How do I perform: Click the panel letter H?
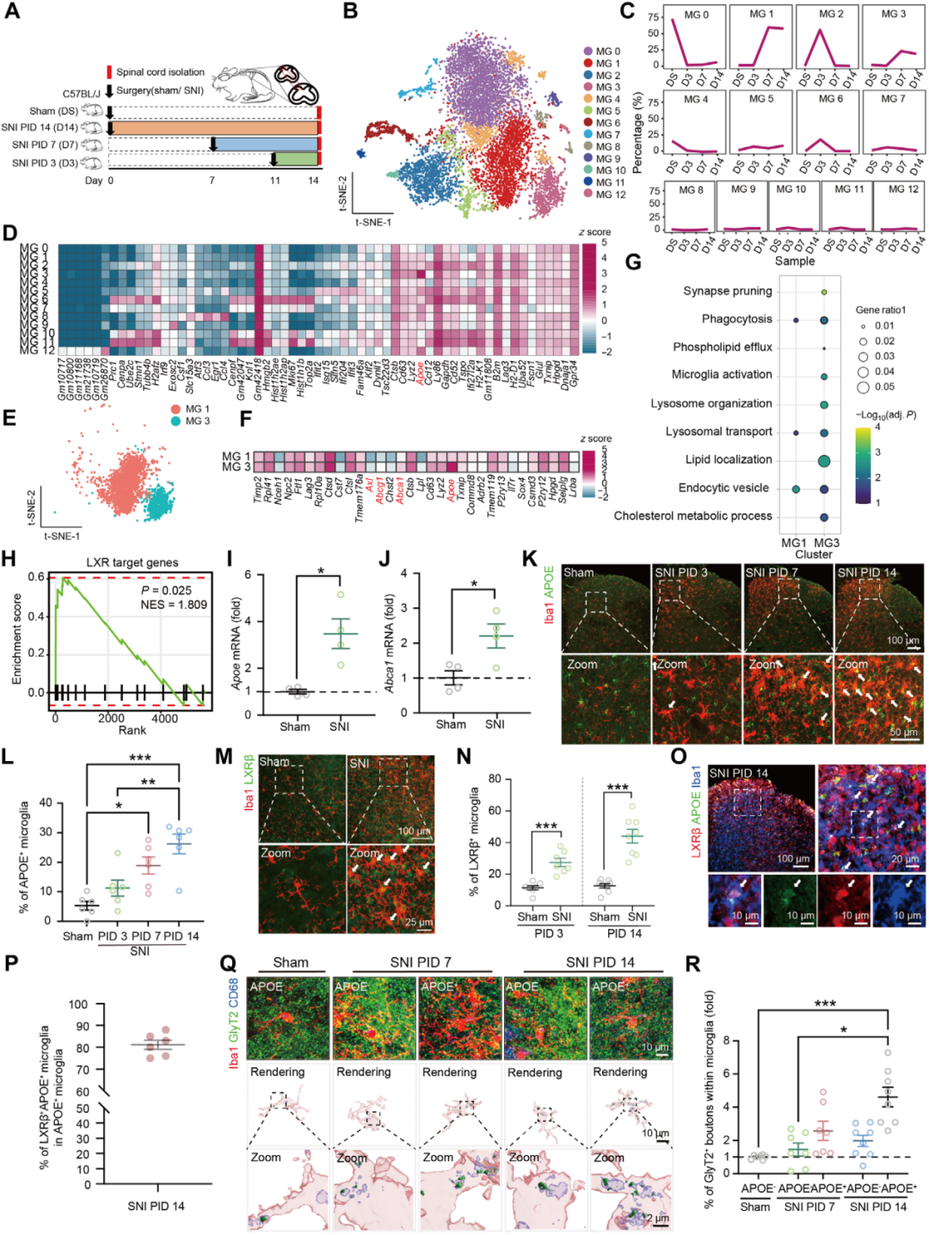(10, 559)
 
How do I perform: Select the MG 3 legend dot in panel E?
(175, 421)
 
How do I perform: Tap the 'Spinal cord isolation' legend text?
(160, 72)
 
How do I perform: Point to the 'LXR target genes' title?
(132, 562)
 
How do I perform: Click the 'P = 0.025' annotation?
(166, 590)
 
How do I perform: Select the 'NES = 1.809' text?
(174, 605)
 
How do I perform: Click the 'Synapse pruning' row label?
(728, 292)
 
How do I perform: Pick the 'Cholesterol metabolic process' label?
(692, 516)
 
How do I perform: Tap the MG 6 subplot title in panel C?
(831, 99)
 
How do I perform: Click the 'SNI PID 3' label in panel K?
(680, 573)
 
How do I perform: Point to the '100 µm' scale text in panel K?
(902, 641)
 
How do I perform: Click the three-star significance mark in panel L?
(139, 758)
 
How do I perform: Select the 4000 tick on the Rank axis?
(164, 719)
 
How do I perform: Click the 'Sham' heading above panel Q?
(290, 962)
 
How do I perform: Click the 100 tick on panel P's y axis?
(78, 1005)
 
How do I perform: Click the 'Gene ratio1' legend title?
(880, 310)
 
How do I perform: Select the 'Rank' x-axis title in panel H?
(132, 730)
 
